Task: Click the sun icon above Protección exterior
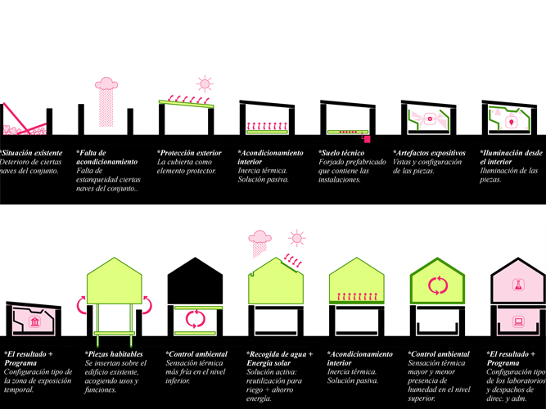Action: tap(203, 83)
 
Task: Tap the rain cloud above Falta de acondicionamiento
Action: tap(106, 83)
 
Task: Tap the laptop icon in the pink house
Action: tap(517, 320)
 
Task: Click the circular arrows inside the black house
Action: tap(195, 317)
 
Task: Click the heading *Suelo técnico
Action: tap(344, 153)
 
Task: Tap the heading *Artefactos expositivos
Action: tap(430, 153)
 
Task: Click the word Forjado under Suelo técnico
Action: tap(335, 162)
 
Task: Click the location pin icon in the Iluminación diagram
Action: tap(512, 122)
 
